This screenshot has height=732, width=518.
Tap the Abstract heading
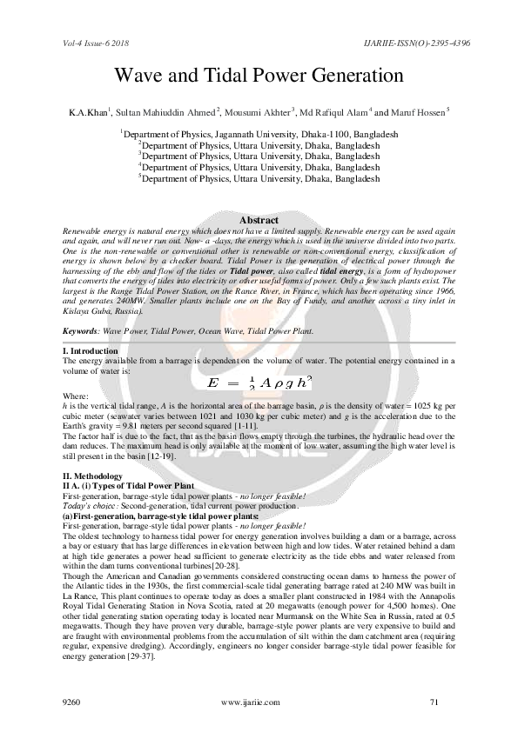(x=259, y=221)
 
